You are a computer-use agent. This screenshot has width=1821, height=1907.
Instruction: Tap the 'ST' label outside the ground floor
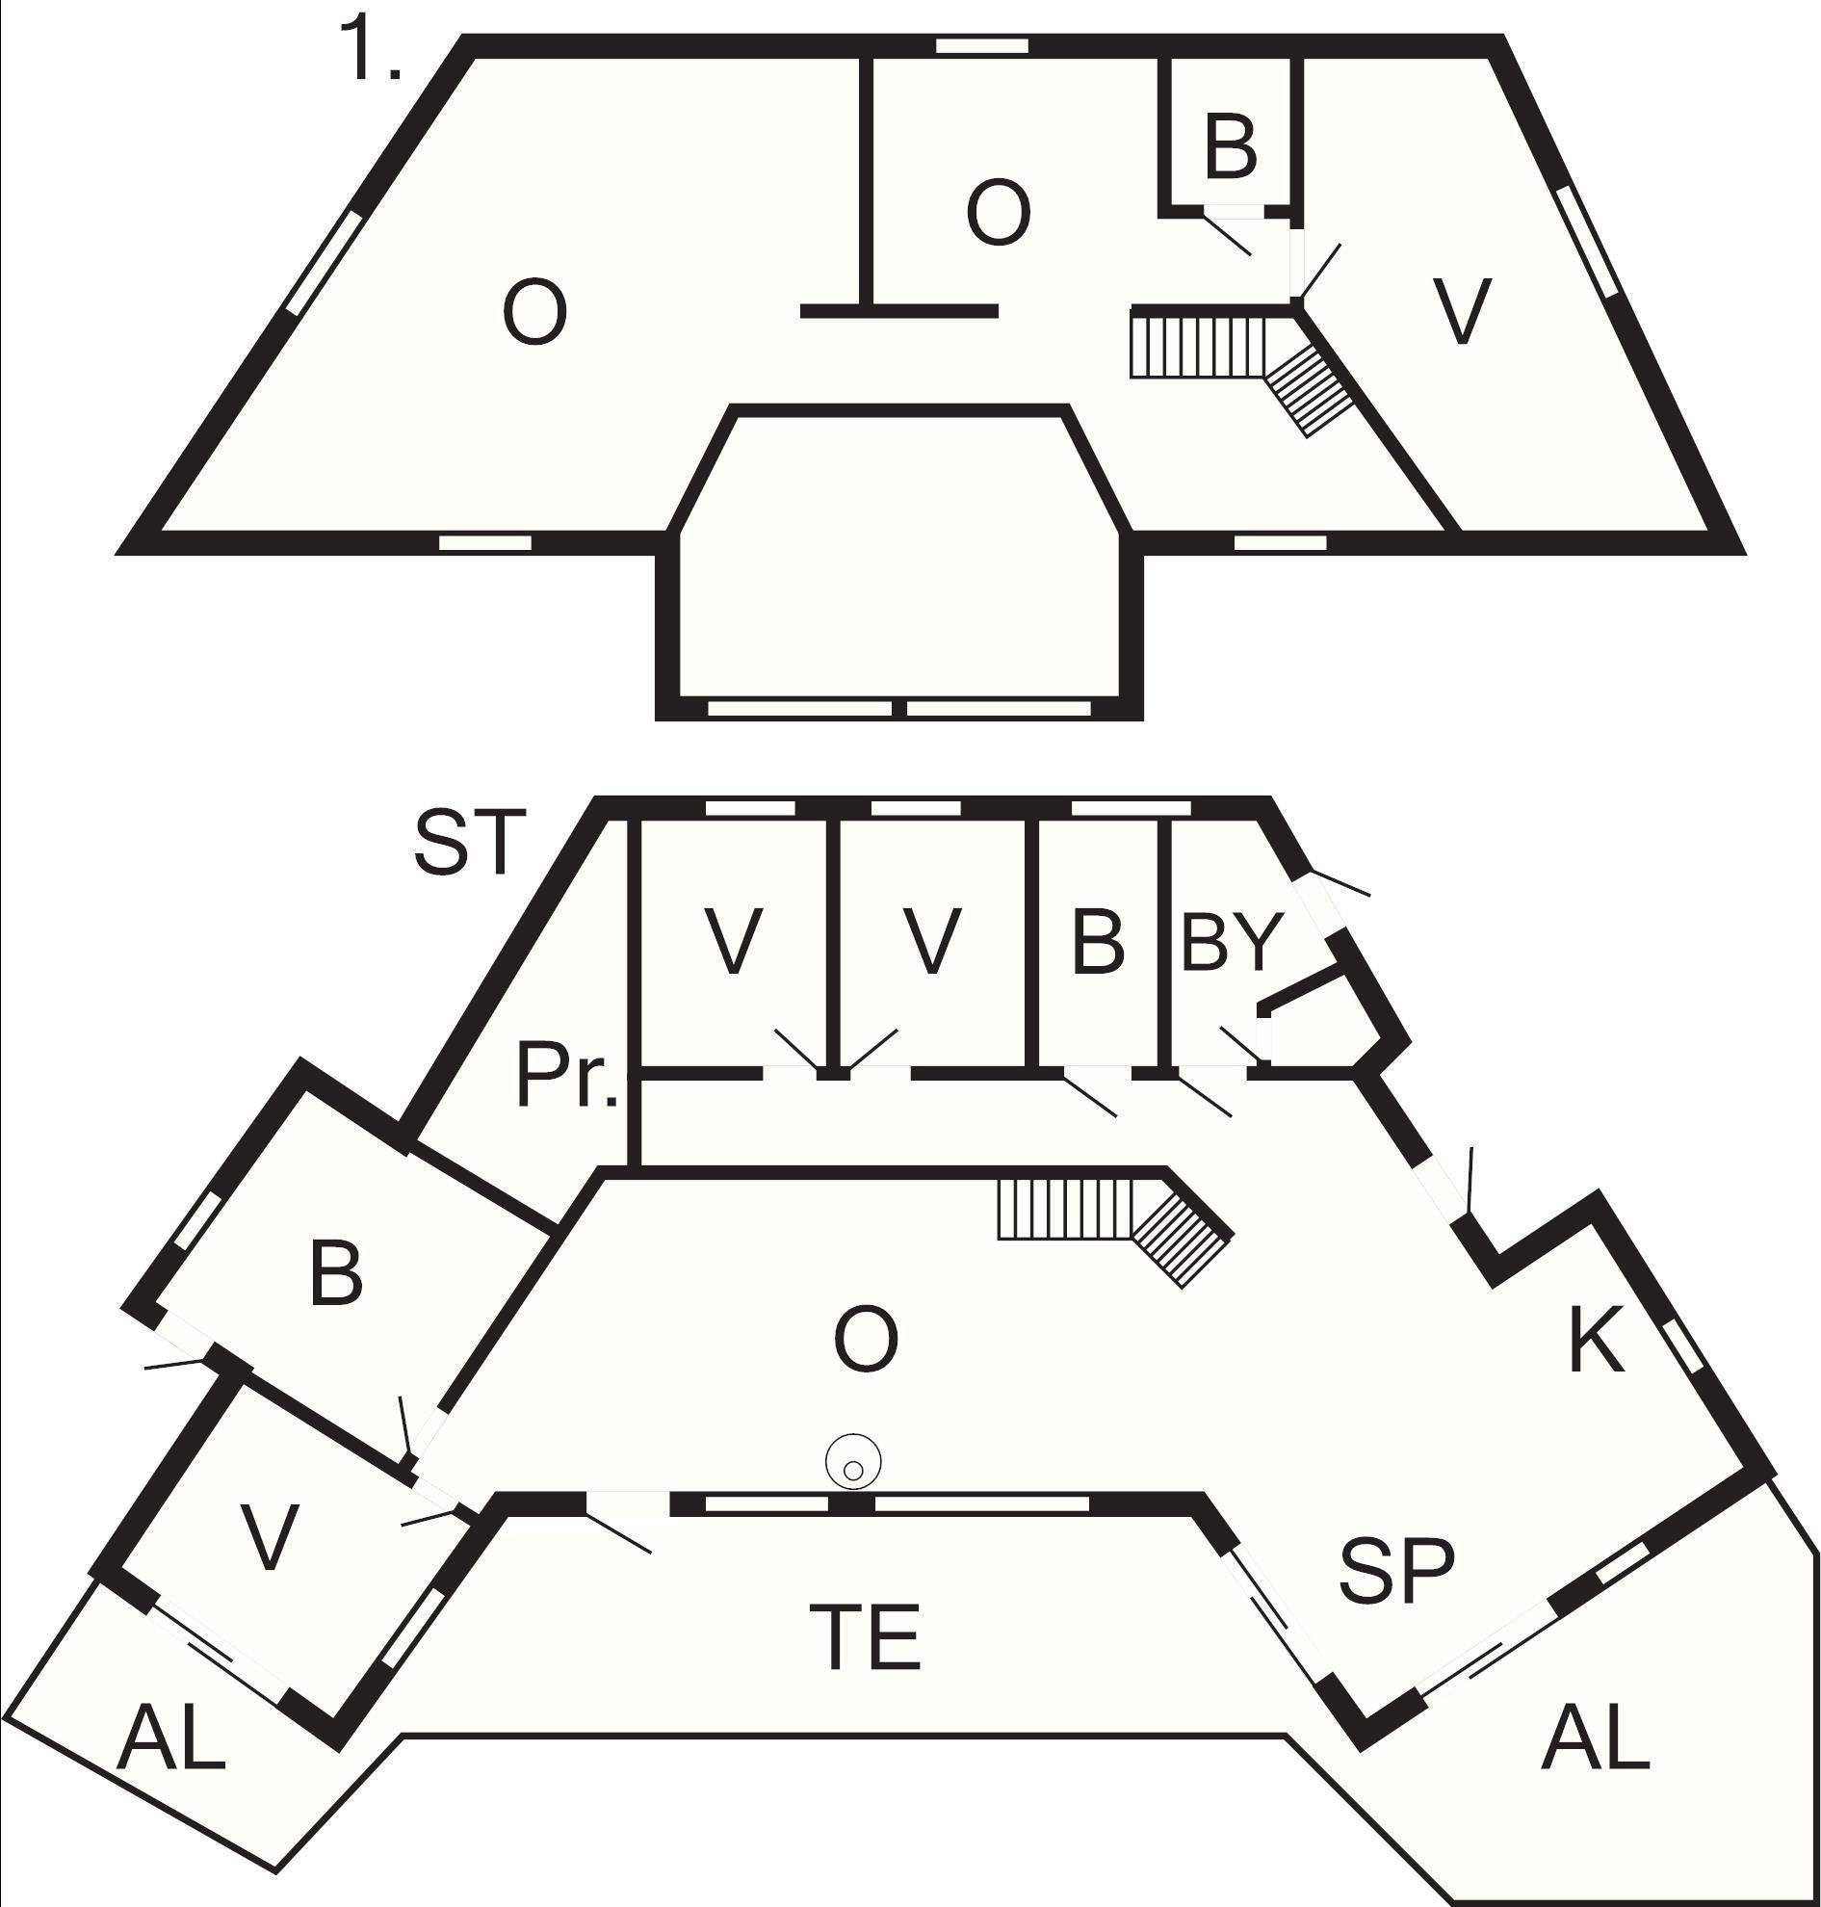[470, 843]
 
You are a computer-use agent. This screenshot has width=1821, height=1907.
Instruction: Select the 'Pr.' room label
[567, 1077]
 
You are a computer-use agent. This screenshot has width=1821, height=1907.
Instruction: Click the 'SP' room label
[1397, 1571]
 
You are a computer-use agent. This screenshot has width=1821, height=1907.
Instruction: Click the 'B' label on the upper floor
[1230, 147]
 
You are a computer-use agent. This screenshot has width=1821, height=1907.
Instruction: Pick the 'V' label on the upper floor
[1462, 313]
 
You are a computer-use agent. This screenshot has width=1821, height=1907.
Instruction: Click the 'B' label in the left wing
[336, 1273]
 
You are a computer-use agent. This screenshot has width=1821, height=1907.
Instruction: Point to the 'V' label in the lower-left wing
[268, 1537]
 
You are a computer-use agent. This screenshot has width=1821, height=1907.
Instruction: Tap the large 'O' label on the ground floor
[866, 1340]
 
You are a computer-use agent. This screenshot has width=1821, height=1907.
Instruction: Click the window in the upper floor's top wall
[981, 45]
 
